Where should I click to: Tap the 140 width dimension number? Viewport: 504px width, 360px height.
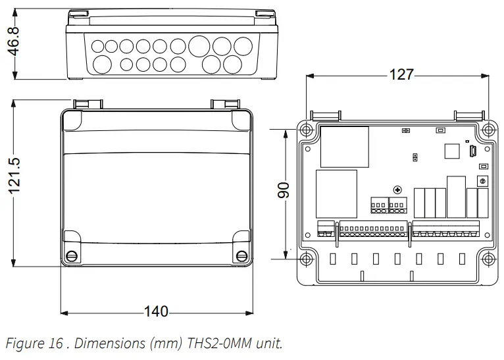(x=155, y=311)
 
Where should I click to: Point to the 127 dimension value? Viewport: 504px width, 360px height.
(x=401, y=75)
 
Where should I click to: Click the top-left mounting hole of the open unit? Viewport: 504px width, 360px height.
(x=307, y=129)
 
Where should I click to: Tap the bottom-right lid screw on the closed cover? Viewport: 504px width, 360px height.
(x=238, y=255)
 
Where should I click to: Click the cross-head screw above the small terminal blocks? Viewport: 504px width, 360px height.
(x=397, y=190)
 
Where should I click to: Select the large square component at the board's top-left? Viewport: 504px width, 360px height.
(x=344, y=146)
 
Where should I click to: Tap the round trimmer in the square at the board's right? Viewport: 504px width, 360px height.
(x=482, y=180)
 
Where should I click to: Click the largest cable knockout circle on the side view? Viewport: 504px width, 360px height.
(x=200, y=46)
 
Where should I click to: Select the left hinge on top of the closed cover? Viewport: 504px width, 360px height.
(x=87, y=104)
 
